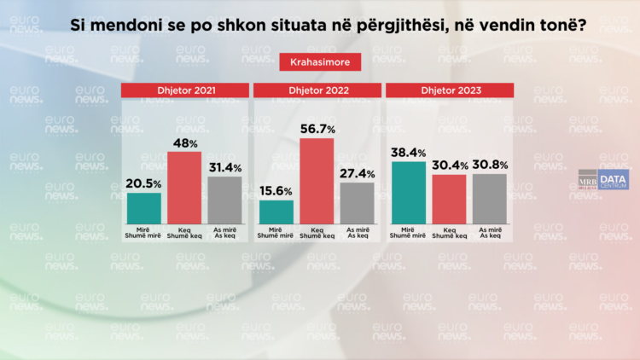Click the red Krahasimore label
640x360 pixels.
[320, 62]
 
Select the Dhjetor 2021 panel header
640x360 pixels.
[185, 90]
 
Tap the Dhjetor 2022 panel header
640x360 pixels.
[317, 90]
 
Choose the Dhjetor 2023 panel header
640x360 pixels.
[449, 90]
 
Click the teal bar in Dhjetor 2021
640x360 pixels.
[144, 207]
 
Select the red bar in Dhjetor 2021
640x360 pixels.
[184, 187]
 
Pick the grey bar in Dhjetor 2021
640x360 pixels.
[224, 200]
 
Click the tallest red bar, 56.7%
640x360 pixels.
[317, 180]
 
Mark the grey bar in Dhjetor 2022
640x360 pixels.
[357, 203]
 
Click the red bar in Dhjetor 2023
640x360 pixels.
[449, 198]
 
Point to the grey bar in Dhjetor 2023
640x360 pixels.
[489, 198]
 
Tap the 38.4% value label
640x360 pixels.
[409, 152]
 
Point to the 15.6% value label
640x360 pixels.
[276, 191]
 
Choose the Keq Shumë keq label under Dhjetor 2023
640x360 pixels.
[449, 233]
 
